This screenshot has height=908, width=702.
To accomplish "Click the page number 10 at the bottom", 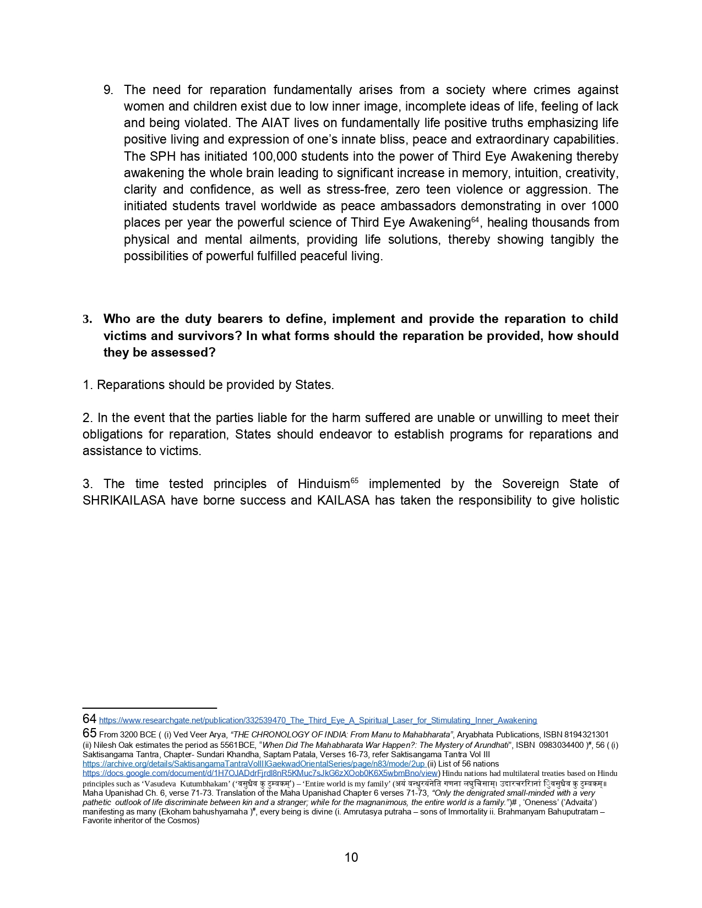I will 351,857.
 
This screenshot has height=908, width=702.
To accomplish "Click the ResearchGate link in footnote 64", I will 318,720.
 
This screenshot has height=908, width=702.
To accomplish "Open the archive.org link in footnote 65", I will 254,764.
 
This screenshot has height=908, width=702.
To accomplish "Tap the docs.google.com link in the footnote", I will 260,773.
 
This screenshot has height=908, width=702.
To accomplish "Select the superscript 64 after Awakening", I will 475,220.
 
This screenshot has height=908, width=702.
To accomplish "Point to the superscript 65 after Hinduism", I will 354,481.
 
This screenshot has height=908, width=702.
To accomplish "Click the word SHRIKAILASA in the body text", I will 124,500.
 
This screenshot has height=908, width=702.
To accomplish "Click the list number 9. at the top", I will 108,90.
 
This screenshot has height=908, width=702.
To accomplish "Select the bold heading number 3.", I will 87,319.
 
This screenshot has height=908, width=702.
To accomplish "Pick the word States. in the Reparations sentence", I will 314,385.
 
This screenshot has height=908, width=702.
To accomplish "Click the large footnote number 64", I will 89,719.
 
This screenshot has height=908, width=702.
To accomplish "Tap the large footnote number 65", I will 89,733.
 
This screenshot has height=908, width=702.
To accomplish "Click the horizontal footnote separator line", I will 149,708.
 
